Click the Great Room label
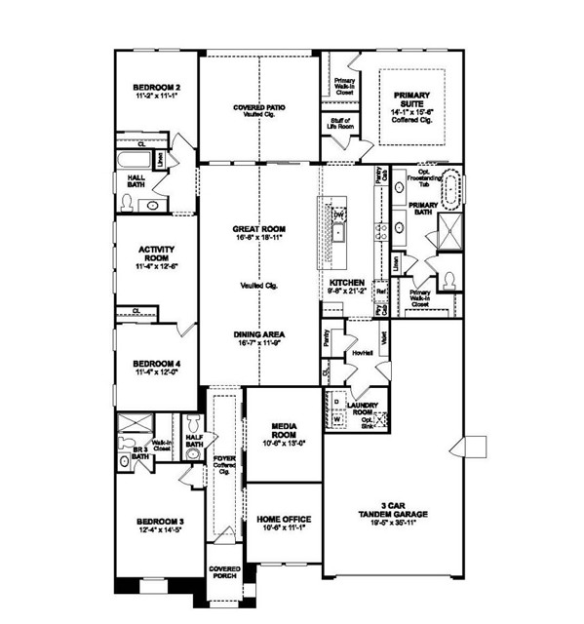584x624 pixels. point(258,231)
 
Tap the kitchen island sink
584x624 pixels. point(337,232)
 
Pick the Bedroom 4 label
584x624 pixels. point(155,367)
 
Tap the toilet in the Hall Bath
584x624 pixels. point(127,203)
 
